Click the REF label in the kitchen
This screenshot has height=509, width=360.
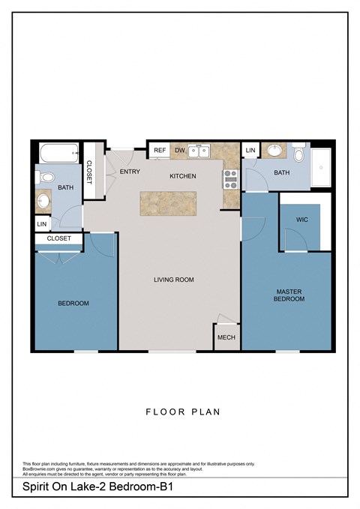click(159, 151)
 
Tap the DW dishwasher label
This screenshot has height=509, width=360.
click(179, 151)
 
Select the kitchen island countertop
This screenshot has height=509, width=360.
click(169, 202)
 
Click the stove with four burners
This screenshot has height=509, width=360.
click(230, 178)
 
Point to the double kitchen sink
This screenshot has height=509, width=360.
click(199, 151)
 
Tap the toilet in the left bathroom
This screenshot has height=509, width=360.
click(45, 178)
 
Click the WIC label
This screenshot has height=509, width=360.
click(302, 220)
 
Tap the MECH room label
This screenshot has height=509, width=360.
click(226, 337)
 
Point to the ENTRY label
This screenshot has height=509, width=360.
click(130, 172)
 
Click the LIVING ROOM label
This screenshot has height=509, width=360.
click(174, 280)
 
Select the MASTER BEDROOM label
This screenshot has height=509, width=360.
click(289, 295)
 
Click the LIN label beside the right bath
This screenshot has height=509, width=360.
click(250, 151)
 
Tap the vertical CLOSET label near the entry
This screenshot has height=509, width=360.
click(89, 172)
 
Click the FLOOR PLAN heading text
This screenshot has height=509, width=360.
click(181, 412)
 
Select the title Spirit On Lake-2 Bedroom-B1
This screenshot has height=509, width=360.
click(95, 488)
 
